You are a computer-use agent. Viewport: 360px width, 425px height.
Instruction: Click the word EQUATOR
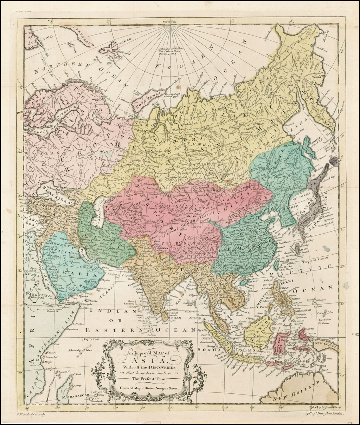point(92,340)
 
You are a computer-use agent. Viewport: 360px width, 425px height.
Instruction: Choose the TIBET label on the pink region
point(170,243)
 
